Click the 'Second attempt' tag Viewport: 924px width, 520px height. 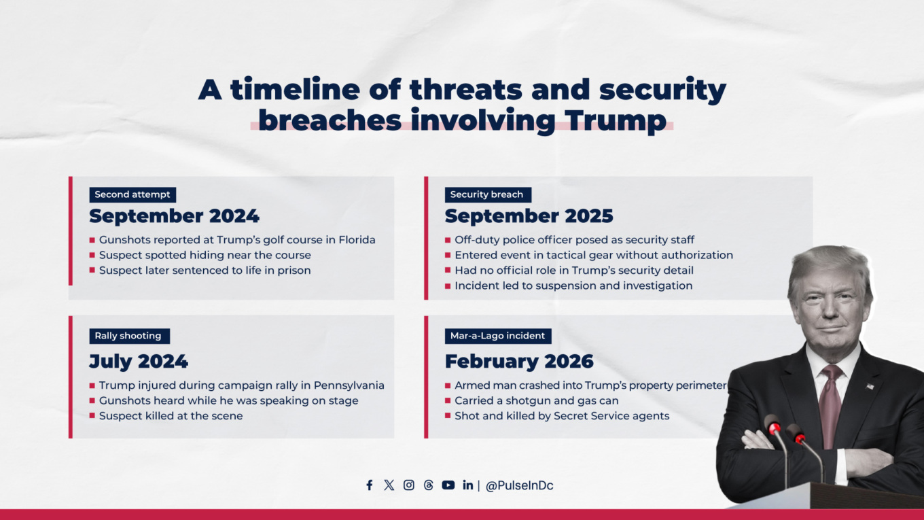pos(132,194)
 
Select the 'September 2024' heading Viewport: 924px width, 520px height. pos(174,216)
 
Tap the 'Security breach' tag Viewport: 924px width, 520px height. pos(486,194)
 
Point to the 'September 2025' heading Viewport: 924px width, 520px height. pos(529,216)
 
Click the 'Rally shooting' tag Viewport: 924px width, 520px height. pos(128,336)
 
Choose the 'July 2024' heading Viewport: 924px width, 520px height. pos(139,361)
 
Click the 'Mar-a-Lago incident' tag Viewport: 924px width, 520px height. pos(497,336)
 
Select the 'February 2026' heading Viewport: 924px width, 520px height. pos(519,361)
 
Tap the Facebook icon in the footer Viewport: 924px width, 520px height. pos(370,485)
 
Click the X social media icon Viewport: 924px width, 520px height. pos(389,485)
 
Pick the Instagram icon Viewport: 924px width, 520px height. pos(409,485)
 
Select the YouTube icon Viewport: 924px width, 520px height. pos(448,485)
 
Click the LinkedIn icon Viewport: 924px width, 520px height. pos(468,485)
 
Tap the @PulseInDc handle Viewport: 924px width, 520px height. pos(519,486)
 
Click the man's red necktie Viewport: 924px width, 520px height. pos(830,401)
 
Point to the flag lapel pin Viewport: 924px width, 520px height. pos(870,386)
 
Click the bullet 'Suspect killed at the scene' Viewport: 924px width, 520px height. pos(171,416)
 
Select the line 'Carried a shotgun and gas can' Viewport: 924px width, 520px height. pos(536,401)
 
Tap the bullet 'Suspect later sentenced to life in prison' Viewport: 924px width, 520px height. pos(205,271)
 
